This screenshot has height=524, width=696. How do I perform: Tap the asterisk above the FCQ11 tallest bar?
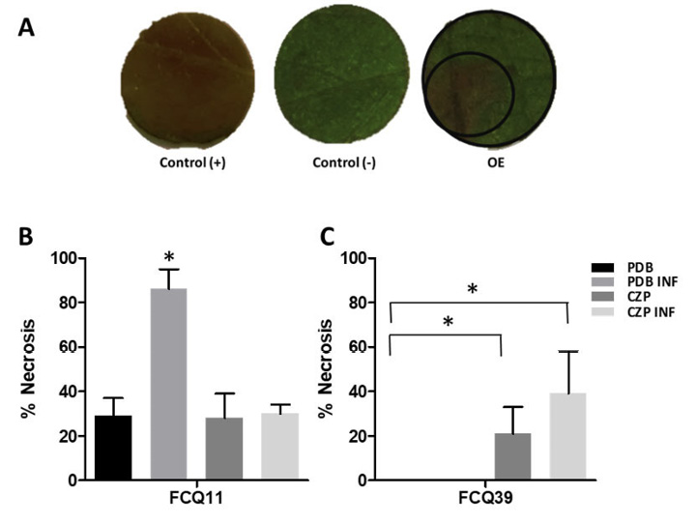pyautogui.click(x=169, y=256)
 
